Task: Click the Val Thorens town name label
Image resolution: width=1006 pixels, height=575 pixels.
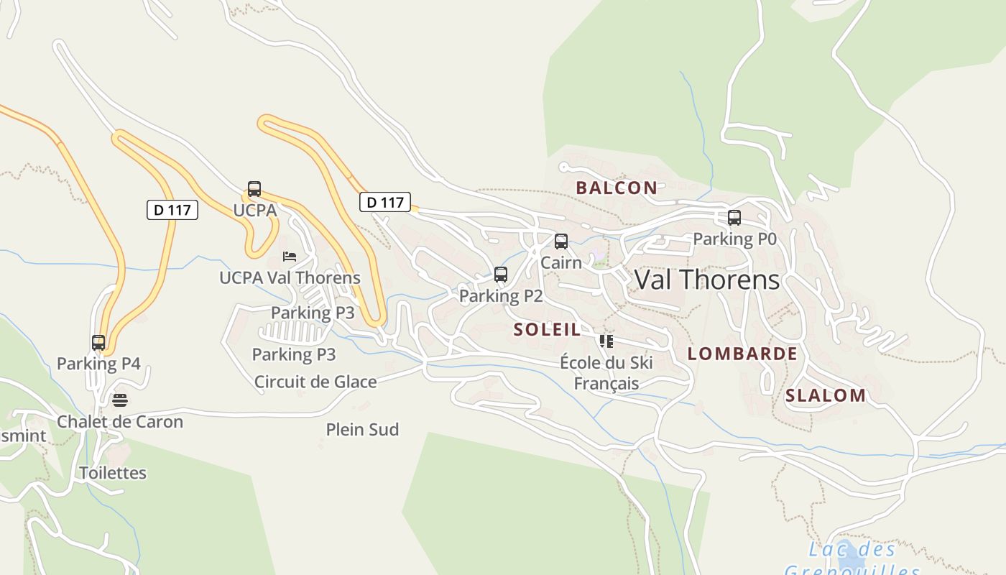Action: click(x=706, y=280)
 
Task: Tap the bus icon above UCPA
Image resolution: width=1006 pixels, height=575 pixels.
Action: click(x=254, y=189)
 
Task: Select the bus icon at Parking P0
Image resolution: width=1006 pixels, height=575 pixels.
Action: click(x=734, y=218)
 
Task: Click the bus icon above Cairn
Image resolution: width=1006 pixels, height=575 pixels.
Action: click(x=561, y=241)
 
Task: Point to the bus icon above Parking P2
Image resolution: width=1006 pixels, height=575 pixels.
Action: click(x=501, y=275)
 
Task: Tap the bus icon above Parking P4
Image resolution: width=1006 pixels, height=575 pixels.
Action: click(x=98, y=343)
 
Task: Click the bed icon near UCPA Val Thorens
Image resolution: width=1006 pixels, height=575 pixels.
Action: click(x=289, y=257)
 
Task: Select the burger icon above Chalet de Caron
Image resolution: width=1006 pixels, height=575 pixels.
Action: click(x=120, y=400)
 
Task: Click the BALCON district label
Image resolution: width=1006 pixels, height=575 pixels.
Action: click(x=617, y=188)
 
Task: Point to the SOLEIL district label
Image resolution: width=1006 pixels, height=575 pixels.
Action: click(x=548, y=330)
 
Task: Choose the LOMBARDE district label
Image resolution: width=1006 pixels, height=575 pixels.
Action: click(x=742, y=354)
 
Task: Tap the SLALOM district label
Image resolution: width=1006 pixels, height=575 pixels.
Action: click(x=826, y=395)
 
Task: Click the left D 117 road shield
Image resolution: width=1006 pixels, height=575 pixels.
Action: click(x=172, y=210)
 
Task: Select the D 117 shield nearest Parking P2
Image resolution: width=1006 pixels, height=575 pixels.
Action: click(x=385, y=202)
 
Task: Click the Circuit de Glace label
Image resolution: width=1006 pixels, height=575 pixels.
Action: click(x=315, y=382)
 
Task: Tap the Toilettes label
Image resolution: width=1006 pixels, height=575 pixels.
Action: click(x=113, y=473)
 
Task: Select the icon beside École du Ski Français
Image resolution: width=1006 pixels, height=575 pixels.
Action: click(x=606, y=341)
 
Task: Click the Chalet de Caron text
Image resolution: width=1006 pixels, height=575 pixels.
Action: click(x=120, y=422)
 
